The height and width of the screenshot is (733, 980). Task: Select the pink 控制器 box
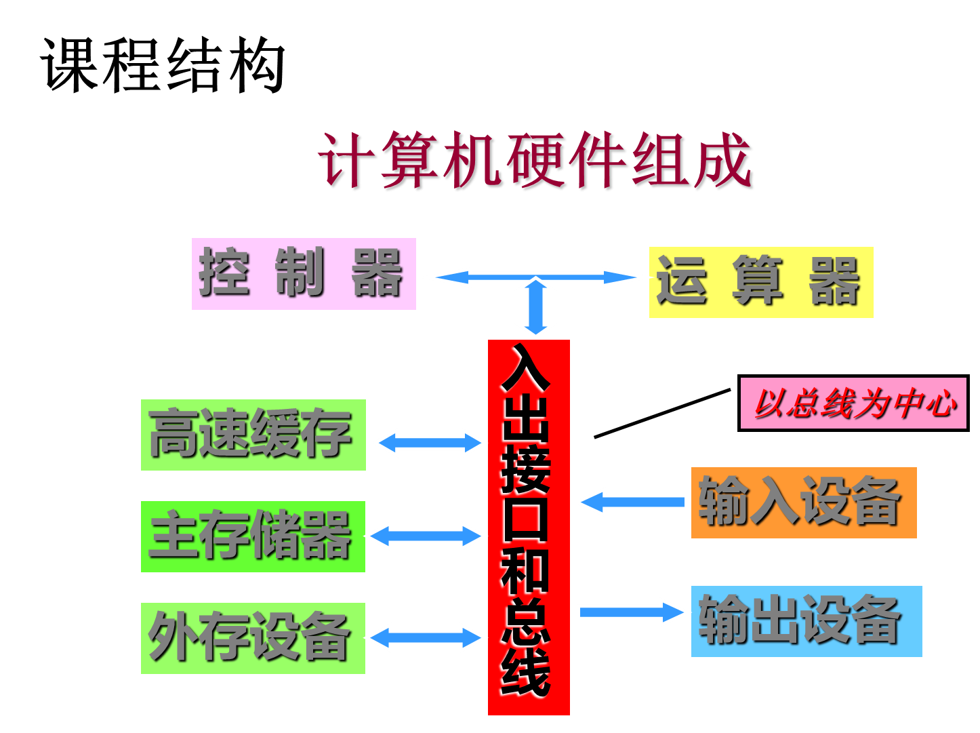click(x=304, y=274)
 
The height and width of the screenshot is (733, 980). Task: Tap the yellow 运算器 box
click(x=760, y=282)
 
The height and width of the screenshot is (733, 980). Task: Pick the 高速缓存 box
click(x=253, y=435)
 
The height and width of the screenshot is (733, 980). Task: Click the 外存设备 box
click(x=253, y=638)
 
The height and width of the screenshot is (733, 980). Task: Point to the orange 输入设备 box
click(x=803, y=502)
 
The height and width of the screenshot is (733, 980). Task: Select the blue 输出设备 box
click(x=806, y=620)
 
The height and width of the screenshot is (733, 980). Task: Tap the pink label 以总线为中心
click(x=853, y=403)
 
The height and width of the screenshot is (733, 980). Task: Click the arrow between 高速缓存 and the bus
click(x=428, y=443)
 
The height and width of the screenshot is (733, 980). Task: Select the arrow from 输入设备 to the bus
click(x=630, y=502)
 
